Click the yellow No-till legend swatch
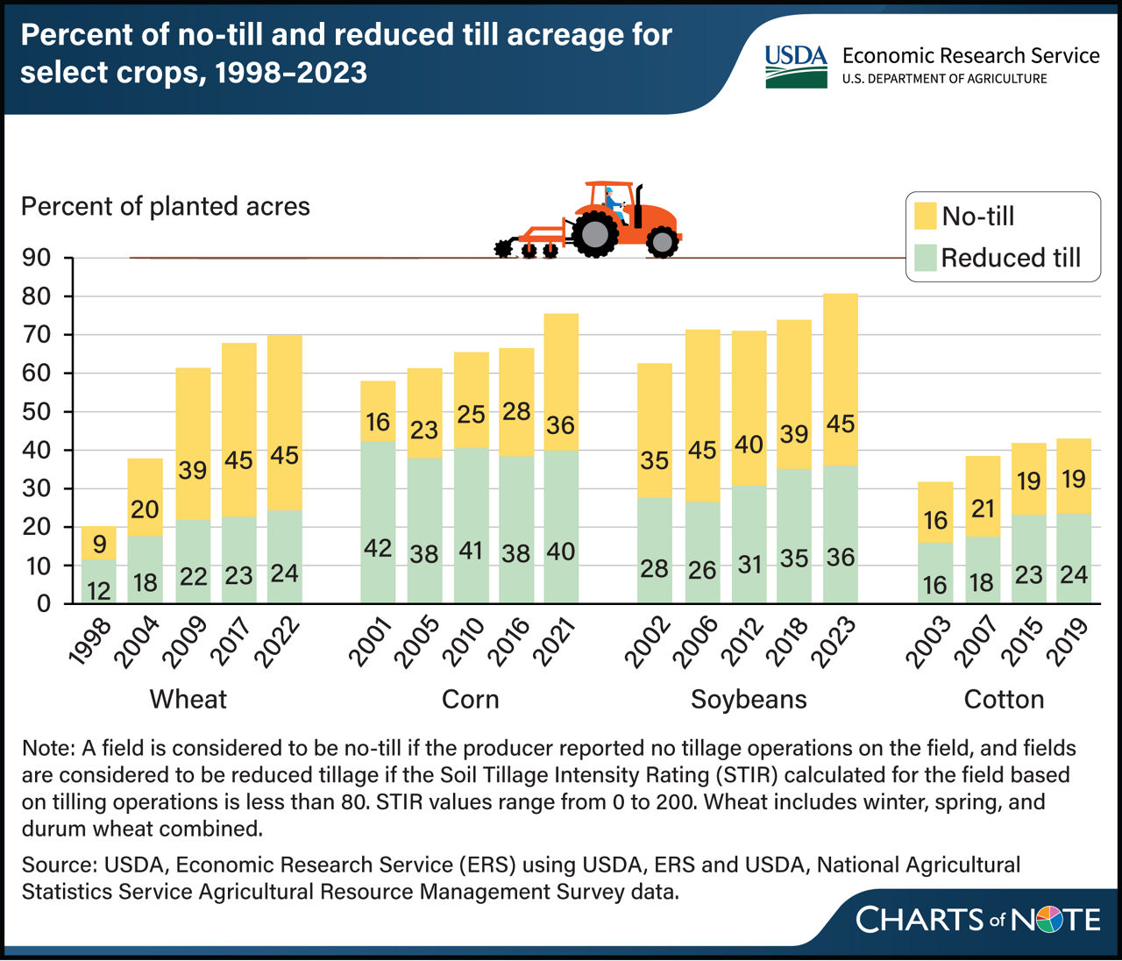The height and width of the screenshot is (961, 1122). [x=924, y=216]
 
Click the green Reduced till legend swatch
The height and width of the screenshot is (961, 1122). [x=924, y=258]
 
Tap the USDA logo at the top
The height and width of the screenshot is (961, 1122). [x=795, y=66]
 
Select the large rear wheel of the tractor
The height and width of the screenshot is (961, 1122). [x=596, y=234]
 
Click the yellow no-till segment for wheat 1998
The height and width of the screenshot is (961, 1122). [x=98, y=543]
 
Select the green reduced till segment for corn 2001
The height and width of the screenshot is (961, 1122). [x=378, y=522]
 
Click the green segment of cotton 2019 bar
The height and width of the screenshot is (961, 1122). [x=1073, y=558]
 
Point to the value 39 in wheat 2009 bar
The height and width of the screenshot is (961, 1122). [x=193, y=470]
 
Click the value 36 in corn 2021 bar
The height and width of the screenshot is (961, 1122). [x=560, y=425]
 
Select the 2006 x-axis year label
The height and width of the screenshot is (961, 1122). [x=698, y=643]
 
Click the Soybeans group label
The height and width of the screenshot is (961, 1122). [x=748, y=699]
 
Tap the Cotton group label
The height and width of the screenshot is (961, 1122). [x=1004, y=699]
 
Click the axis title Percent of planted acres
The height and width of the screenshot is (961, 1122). [x=166, y=206]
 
